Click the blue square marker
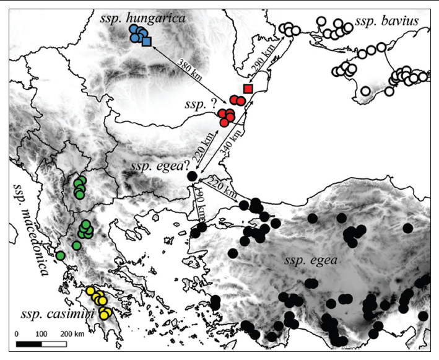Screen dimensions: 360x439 (146, 42)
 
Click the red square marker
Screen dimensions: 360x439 (248, 89)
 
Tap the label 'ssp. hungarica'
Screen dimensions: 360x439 (142, 20)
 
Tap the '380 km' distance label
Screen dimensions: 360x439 (189, 68)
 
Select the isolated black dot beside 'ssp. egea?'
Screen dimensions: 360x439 (192, 177)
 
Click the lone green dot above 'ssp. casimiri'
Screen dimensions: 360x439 (60, 255)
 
